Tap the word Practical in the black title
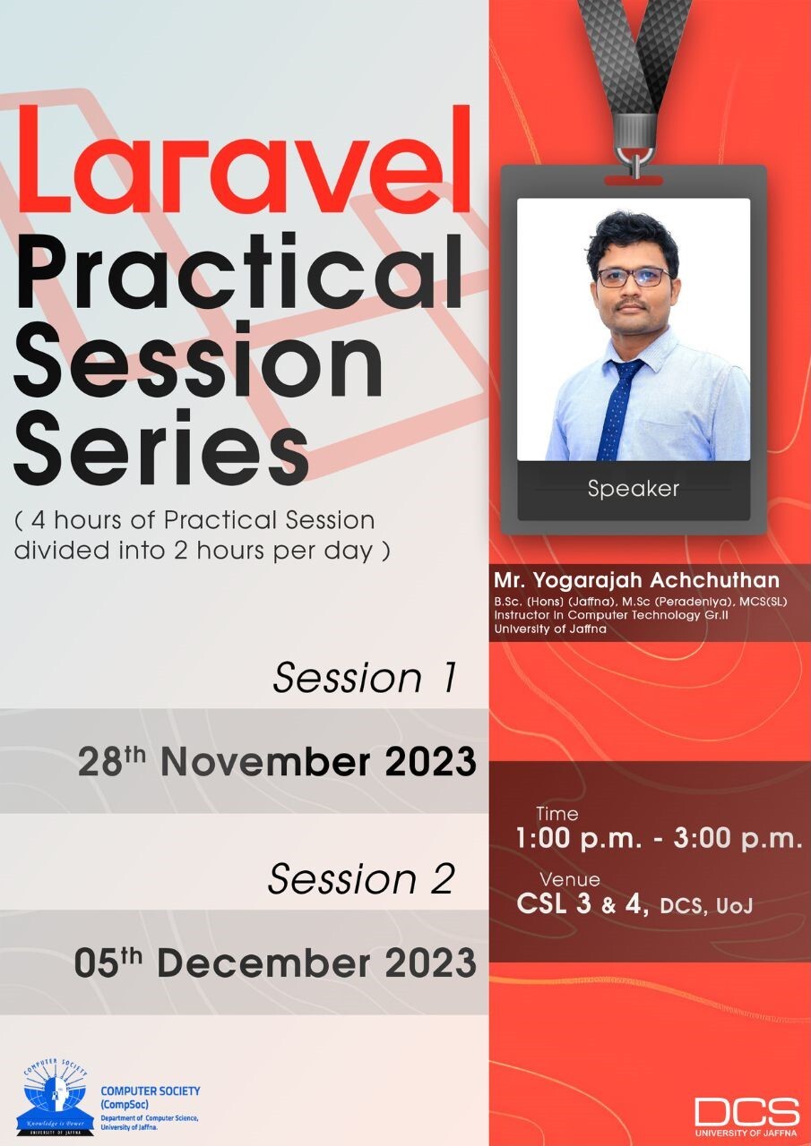click(x=239, y=270)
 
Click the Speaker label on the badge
click(x=634, y=489)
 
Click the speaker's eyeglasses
click(x=634, y=278)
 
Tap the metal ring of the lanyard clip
click(x=635, y=158)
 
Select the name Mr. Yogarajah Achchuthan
click(x=636, y=580)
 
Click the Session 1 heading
click(x=365, y=678)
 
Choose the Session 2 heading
click(x=361, y=878)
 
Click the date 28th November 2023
click(x=277, y=762)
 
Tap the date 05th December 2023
click(x=275, y=962)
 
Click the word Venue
click(x=570, y=879)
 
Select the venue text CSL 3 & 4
click(x=582, y=904)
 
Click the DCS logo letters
click(x=747, y=1112)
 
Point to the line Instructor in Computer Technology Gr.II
click(x=611, y=614)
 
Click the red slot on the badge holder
click(x=634, y=180)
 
